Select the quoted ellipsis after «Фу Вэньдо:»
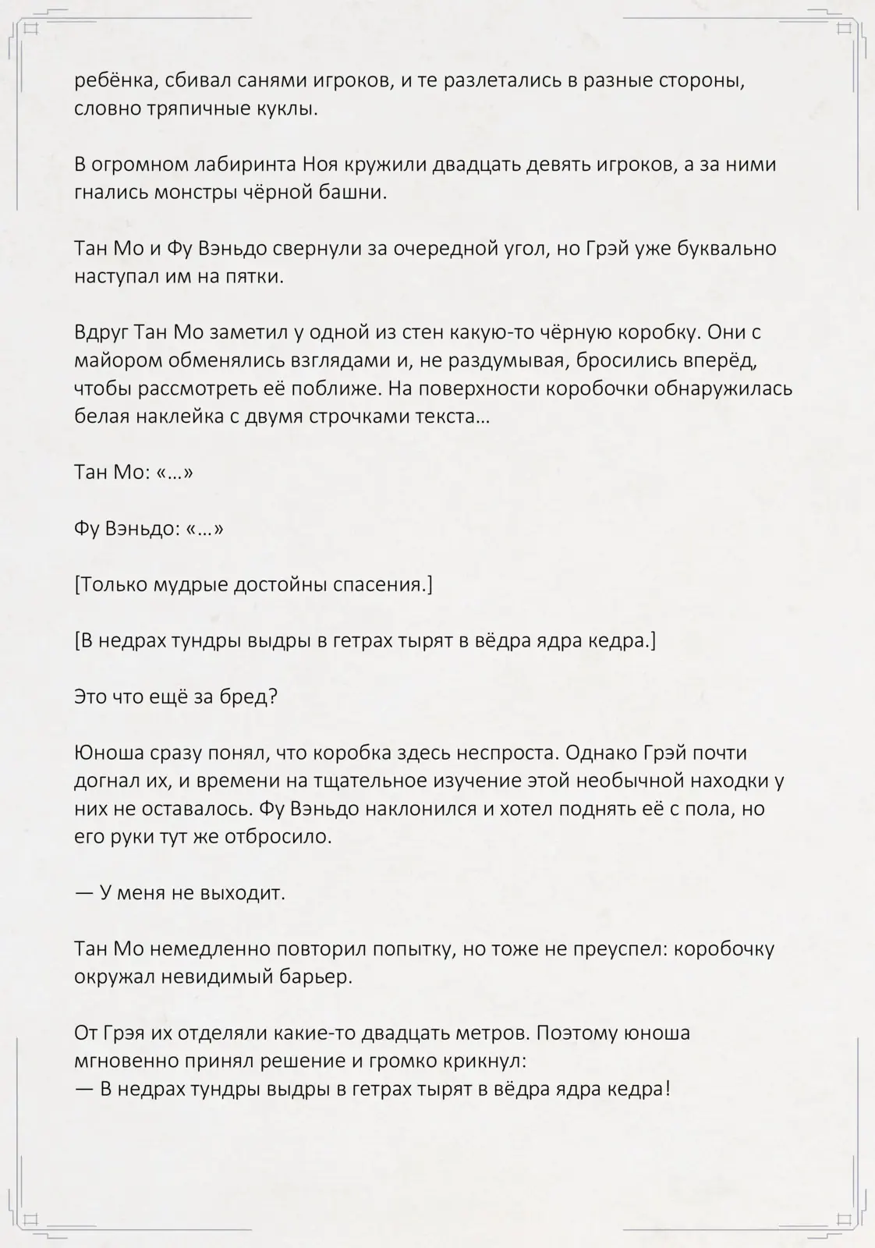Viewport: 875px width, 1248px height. (x=205, y=529)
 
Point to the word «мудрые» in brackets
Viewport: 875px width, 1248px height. (x=193, y=584)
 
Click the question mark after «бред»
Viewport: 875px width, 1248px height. (x=271, y=696)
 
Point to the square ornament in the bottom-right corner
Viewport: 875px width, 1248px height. (x=844, y=1218)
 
